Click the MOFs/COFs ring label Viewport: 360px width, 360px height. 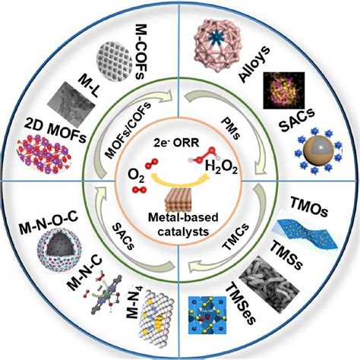click(x=128, y=129)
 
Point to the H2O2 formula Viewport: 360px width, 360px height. click(x=221, y=168)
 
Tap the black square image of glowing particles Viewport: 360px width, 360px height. click(x=284, y=90)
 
